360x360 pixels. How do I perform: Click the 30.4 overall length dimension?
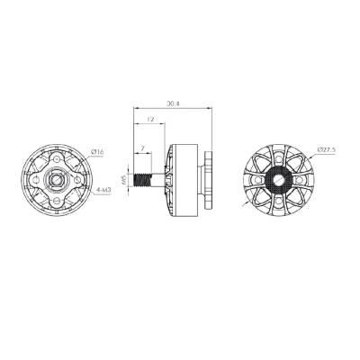[174, 104]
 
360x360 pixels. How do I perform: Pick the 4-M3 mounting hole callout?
[102, 192]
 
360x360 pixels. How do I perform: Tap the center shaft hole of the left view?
[58, 179]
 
